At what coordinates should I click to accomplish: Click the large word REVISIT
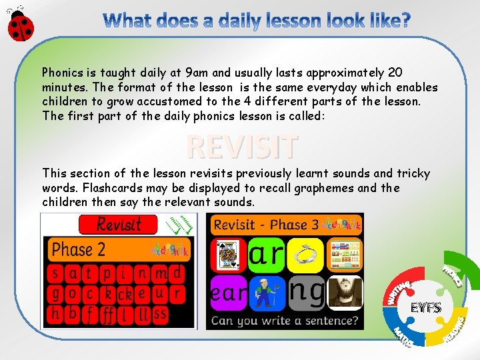[x=241, y=147]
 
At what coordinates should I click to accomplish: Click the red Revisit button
[x=118, y=224]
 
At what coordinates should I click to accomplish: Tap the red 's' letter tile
[x=56, y=272]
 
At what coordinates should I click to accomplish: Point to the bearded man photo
[x=345, y=293]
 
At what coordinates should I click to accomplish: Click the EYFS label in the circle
[x=425, y=307]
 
